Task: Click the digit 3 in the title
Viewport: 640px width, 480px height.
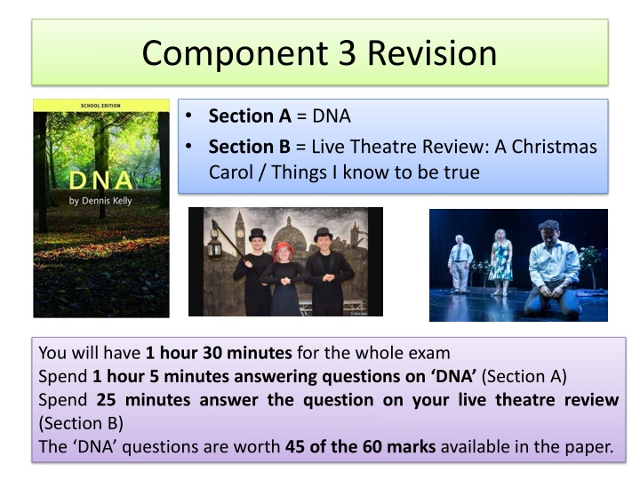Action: coord(347,53)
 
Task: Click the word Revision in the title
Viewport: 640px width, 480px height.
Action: coord(432,53)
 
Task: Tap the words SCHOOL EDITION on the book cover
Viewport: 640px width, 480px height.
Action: coord(100,106)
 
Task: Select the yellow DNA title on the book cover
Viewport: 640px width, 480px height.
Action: coord(100,180)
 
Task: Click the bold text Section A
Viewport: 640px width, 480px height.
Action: coord(250,116)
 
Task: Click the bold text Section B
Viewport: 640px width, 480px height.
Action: coord(250,147)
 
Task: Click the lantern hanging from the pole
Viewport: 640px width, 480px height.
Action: coord(214,244)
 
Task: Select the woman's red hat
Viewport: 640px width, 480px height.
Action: coord(284,248)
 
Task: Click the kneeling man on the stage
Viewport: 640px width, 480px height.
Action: coord(553,269)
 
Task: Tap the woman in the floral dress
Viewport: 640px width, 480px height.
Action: coord(500,261)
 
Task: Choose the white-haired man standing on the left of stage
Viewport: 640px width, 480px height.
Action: coord(460,264)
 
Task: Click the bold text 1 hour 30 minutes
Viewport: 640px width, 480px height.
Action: coord(219,353)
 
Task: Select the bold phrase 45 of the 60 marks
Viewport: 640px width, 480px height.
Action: coord(360,447)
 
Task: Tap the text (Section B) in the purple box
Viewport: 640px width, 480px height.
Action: coord(81,424)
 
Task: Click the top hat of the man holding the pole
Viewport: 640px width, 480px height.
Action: coord(257,235)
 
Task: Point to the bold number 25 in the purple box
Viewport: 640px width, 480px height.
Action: coord(106,400)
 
